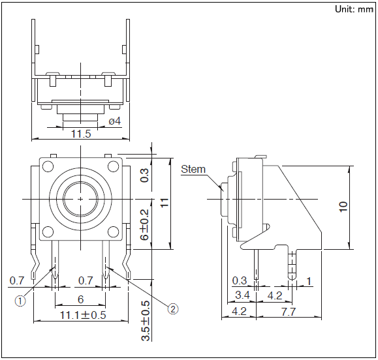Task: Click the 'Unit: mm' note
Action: (x=354, y=9)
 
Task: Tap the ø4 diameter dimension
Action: (x=114, y=121)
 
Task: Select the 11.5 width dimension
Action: (x=81, y=134)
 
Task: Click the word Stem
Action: (x=193, y=170)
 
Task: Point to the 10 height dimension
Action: (x=343, y=207)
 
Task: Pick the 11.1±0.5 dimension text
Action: (x=83, y=315)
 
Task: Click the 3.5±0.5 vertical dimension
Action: (x=146, y=320)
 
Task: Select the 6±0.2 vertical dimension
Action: (x=145, y=224)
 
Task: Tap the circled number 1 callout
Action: (x=20, y=301)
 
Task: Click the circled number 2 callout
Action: (x=173, y=309)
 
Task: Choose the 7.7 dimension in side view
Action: (x=289, y=312)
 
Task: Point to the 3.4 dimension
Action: (x=242, y=295)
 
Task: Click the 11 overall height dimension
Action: (x=165, y=203)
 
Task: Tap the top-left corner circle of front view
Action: (x=48, y=166)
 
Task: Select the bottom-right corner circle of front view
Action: (x=114, y=232)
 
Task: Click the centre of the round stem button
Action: (x=80, y=199)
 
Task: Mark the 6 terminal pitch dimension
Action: (x=80, y=299)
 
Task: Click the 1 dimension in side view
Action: (x=309, y=281)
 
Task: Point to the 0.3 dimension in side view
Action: (x=240, y=281)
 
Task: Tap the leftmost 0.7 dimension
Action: (x=17, y=281)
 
